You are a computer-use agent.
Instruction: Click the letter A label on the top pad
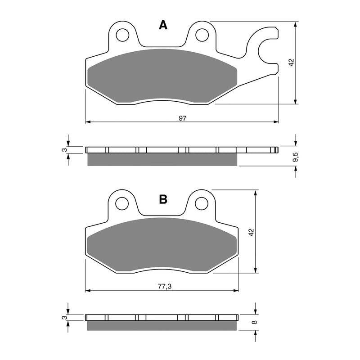(163, 26)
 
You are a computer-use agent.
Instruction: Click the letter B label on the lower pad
(163, 199)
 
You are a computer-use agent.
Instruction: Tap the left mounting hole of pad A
(122, 35)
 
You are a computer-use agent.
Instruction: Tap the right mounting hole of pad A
(202, 35)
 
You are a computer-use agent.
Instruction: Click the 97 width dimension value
(182, 118)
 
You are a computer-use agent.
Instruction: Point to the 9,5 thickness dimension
(295, 157)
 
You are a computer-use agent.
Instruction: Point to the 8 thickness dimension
(255, 322)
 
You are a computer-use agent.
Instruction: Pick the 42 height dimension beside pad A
(291, 63)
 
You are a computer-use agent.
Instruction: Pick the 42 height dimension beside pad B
(252, 232)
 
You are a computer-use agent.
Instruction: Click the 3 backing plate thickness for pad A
(65, 150)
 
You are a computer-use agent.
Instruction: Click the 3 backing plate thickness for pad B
(65, 318)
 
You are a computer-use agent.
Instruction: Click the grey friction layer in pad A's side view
(162, 159)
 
